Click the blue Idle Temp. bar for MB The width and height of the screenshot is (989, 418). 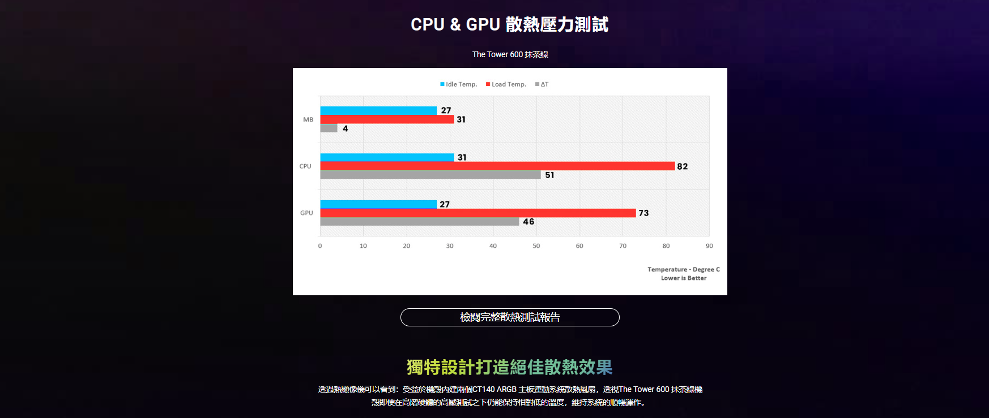(378, 110)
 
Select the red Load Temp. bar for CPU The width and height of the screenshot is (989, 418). (497, 166)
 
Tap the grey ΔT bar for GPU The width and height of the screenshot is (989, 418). (419, 222)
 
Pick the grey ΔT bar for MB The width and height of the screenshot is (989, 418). (329, 128)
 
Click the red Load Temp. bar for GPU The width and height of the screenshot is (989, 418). (478, 213)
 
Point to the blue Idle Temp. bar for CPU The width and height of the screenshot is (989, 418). (387, 157)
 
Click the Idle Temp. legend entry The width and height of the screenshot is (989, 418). (459, 84)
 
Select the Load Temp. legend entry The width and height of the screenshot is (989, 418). (506, 84)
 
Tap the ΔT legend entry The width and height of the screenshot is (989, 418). (542, 84)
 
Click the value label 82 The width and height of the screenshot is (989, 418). (683, 166)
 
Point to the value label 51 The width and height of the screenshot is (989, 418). (549, 175)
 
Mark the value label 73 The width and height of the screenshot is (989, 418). (643, 213)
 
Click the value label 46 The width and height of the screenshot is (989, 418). (528, 222)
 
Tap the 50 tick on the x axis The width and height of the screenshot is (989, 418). (536, 246)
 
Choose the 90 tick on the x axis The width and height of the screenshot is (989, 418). (709, 246)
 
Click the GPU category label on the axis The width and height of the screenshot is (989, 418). (306, 213)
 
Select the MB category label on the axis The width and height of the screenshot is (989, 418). (308, 119)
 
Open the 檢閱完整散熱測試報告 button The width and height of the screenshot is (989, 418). (510, 317)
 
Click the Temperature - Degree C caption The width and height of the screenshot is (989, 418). (684, 270)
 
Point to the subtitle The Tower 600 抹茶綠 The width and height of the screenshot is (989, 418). (510, 54)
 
